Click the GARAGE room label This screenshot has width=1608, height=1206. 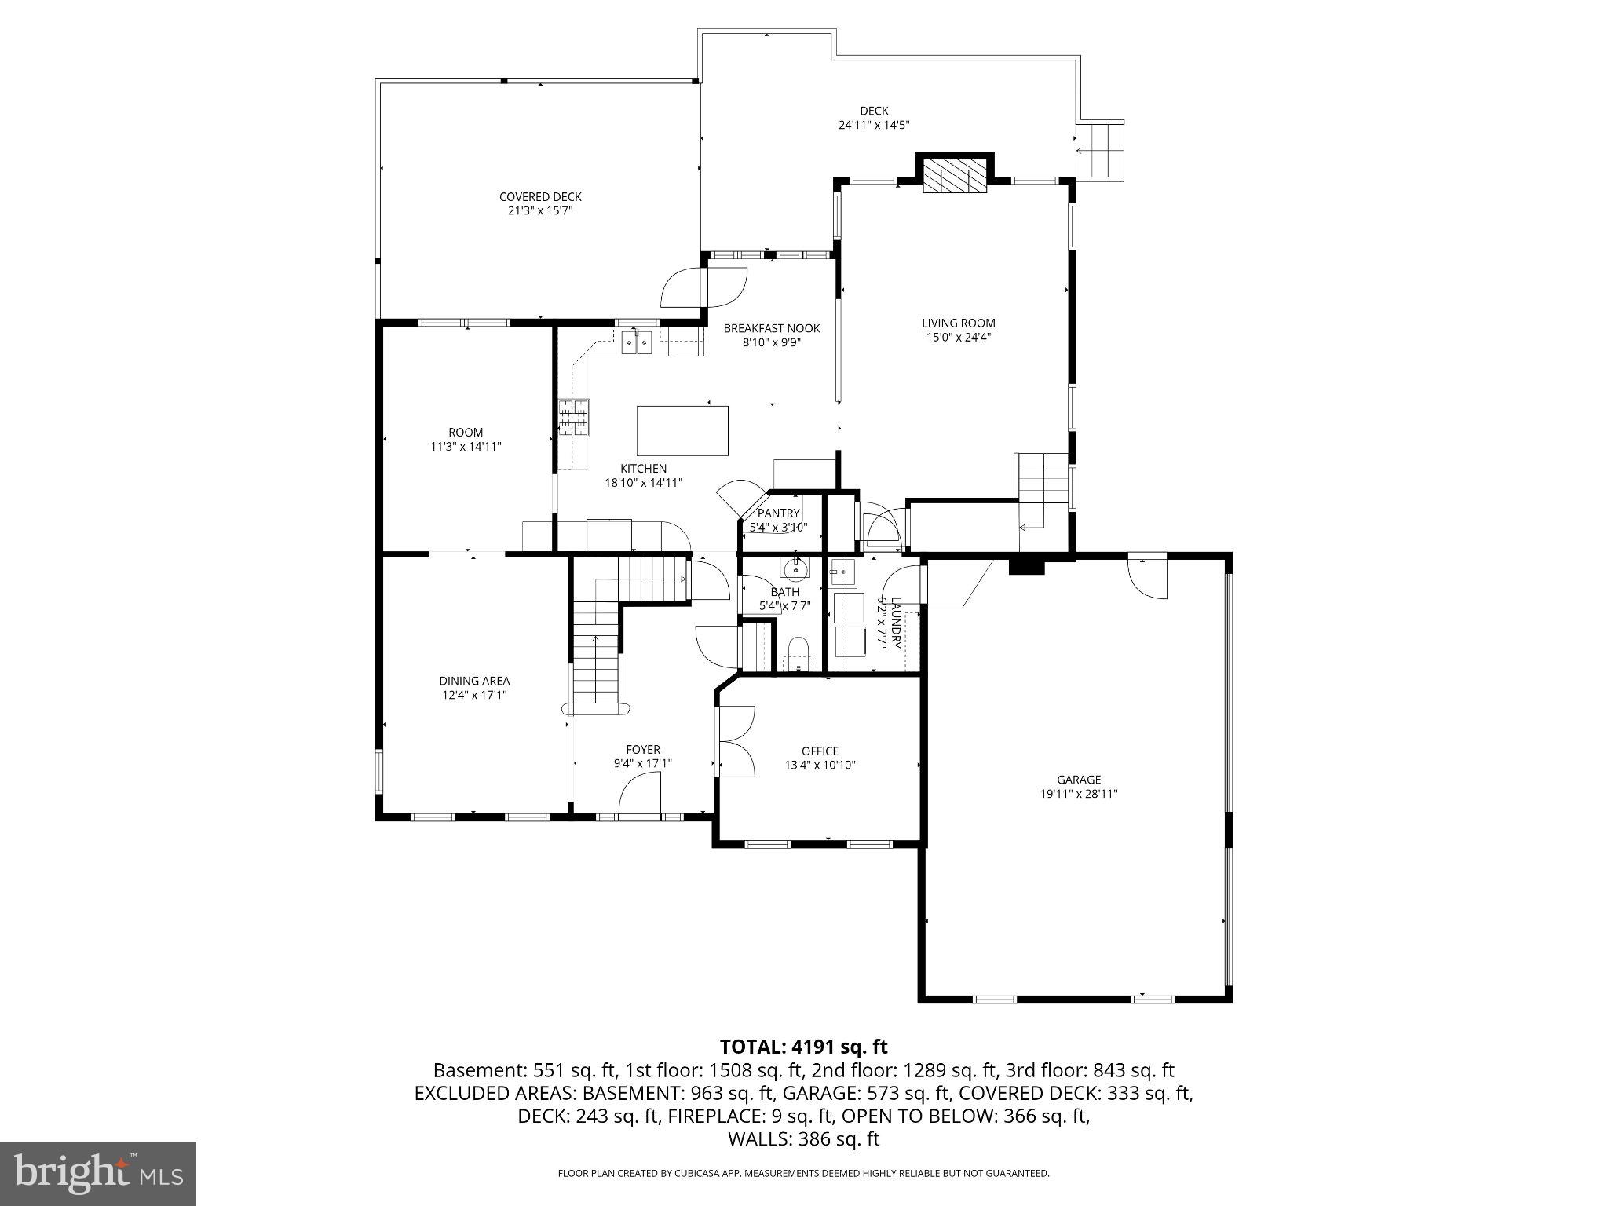[1078, 780]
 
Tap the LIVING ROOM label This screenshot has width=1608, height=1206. [958, 323]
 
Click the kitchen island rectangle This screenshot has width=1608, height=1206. [682, 430]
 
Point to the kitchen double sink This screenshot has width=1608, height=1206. [637, 342]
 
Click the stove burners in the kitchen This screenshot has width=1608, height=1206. [574, 417]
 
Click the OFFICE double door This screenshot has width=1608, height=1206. [736, 741]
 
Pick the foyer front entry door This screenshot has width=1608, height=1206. [640, 795]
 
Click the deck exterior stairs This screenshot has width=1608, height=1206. [1101, 150]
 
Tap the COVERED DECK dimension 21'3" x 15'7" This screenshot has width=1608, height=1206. [540, 210]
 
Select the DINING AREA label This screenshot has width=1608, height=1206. [474, 681]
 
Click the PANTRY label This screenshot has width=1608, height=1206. [778, 513]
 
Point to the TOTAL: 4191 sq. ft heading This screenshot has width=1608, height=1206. [803, 1047]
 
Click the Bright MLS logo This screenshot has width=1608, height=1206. [98, 1173]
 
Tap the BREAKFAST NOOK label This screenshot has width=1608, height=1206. [771, 328]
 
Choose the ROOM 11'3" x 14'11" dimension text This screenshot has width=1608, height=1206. [466, 446]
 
